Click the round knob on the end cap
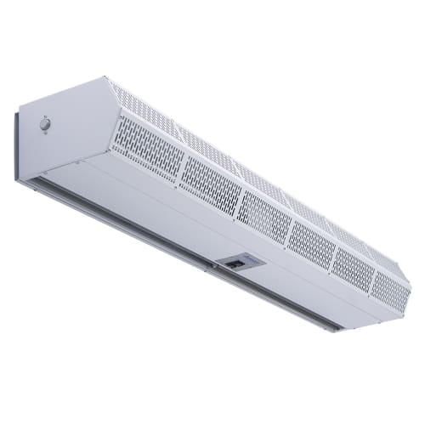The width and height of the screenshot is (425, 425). pos(44,125)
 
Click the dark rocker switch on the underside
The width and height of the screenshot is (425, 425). pos(236,264)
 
